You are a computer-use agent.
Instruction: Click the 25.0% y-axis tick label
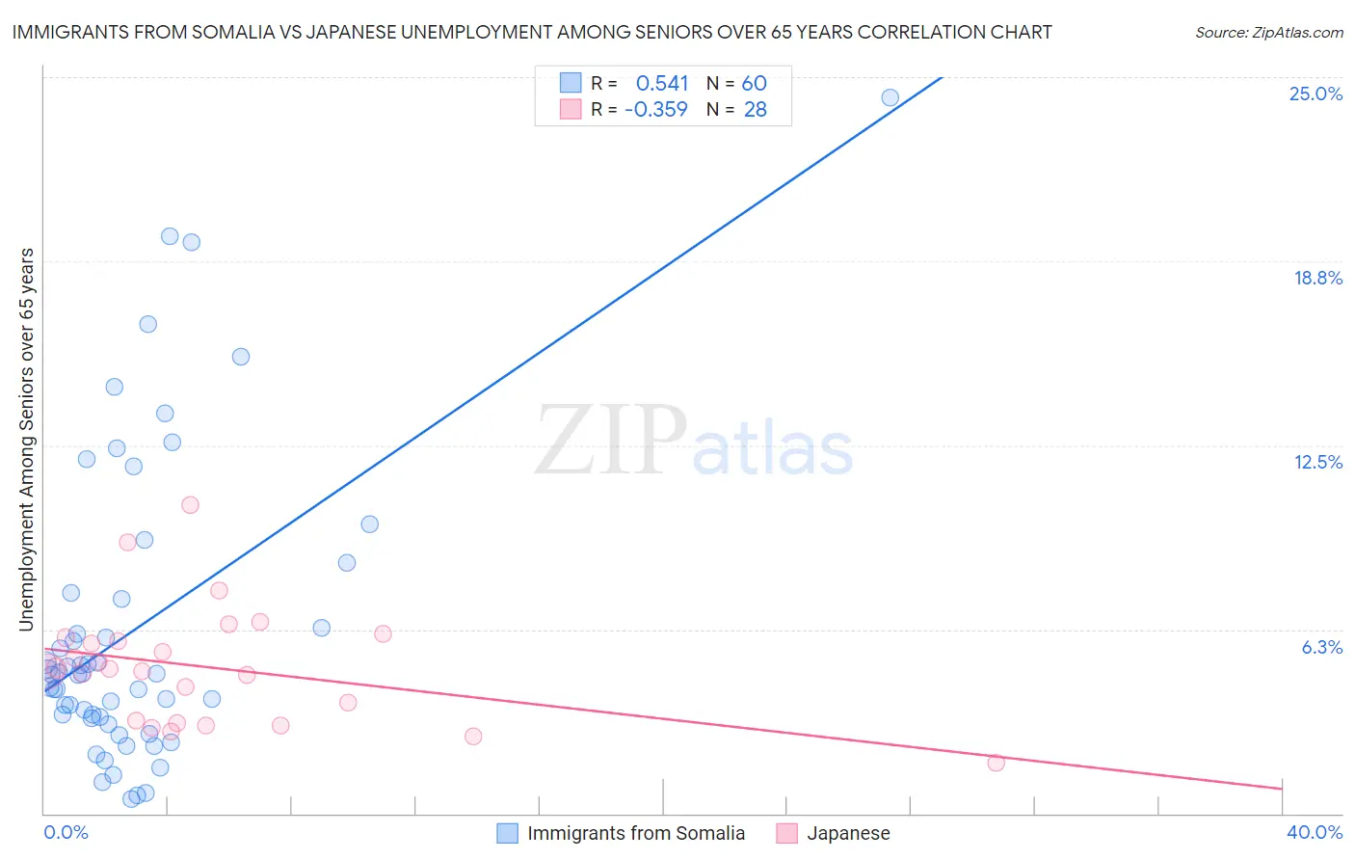pos(1315,94)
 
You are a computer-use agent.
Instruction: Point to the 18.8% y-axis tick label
pos(1317,278)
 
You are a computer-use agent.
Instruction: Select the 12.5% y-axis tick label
pos(1317,462)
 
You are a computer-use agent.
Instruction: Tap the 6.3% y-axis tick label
pos(1321,647)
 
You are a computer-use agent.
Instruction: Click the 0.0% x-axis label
pos(66,832)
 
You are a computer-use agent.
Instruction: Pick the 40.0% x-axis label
pos(1314,832)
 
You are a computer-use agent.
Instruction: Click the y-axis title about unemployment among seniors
pos(26,440)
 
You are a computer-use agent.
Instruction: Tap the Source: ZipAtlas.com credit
pos(1268,32)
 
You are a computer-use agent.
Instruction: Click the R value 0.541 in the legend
pos(662,83)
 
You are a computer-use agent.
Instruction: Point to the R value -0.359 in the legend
pos(656,109)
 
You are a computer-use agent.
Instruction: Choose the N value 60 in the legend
pos(754,83)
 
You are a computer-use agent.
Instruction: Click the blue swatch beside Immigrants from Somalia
pos(507,833)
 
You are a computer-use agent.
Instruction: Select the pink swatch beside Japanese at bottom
pos(786,833)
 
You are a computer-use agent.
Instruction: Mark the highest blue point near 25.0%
pos(890,97)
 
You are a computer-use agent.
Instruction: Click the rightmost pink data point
pos(996,763)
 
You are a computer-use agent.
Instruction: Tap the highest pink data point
pos(190,504)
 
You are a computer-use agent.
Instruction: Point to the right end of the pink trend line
pos(1282,789)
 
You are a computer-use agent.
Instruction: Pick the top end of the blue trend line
pos(941,77)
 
